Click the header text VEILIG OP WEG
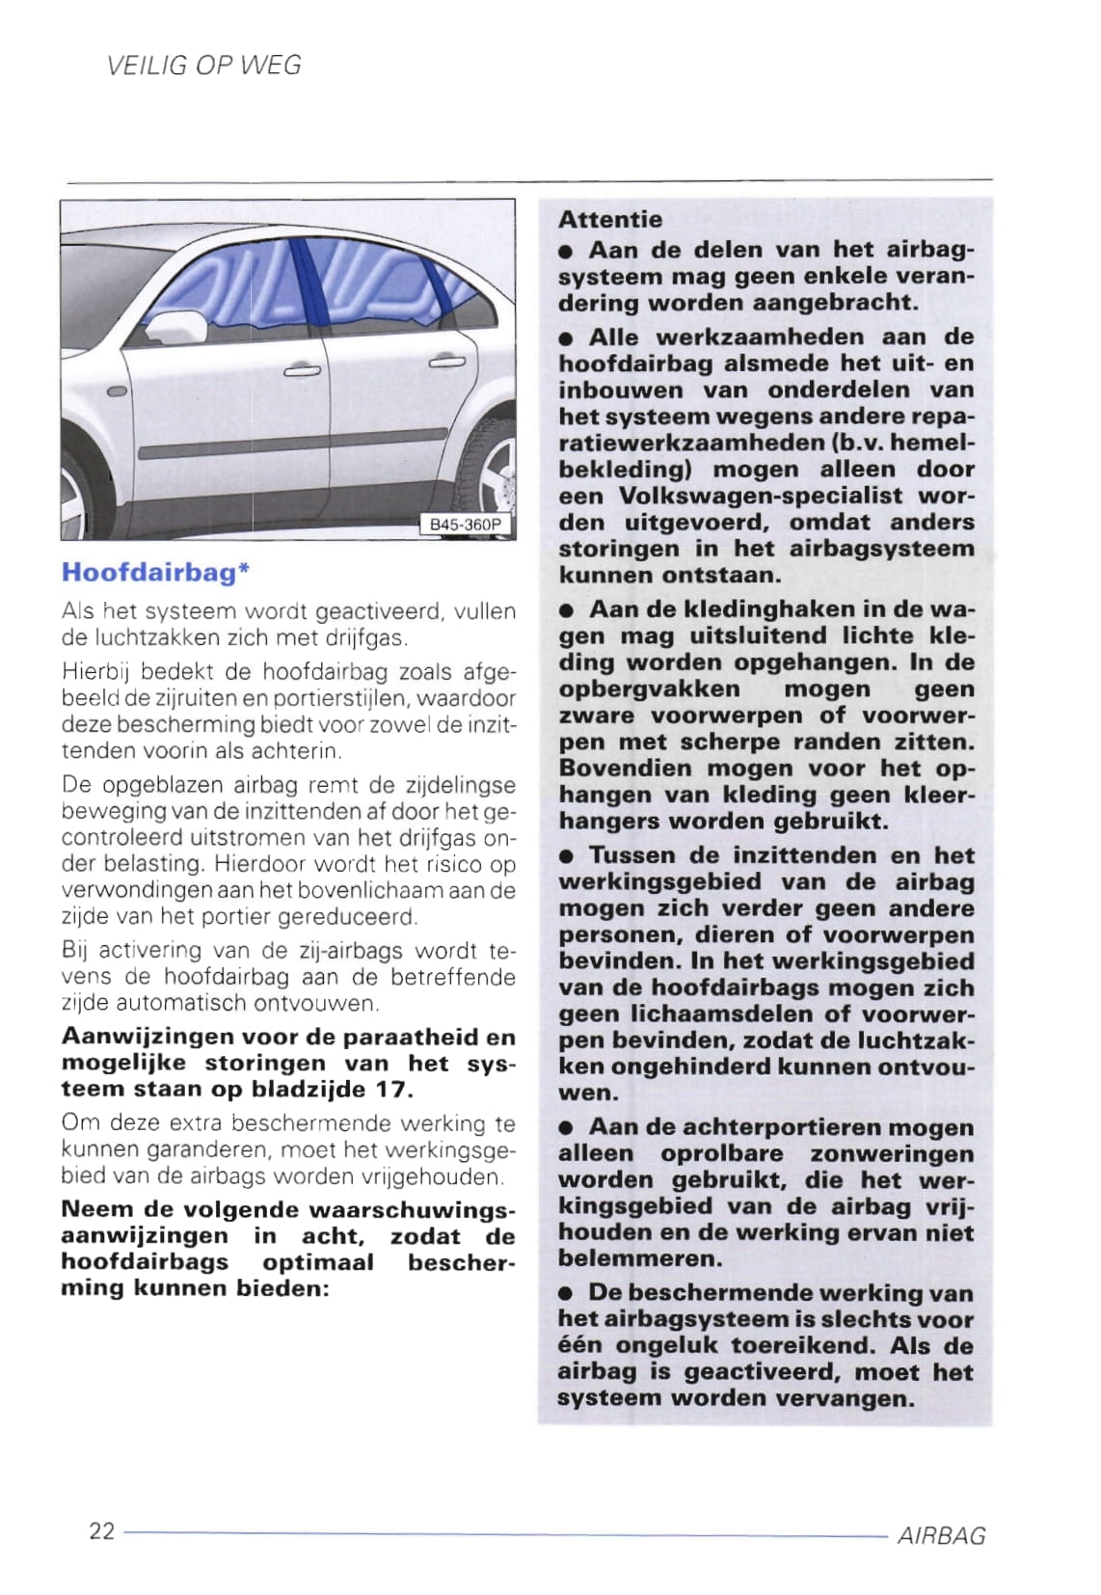[204, 66]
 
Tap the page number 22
[101, 1530]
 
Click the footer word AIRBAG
[941, 1536]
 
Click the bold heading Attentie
[610, 220]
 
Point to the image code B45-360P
[466, 526]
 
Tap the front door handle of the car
[302, 369]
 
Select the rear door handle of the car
[446, 362]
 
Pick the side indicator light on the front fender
[118, 392]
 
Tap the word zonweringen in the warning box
[892, 1154]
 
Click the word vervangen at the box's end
[848, 1398]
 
